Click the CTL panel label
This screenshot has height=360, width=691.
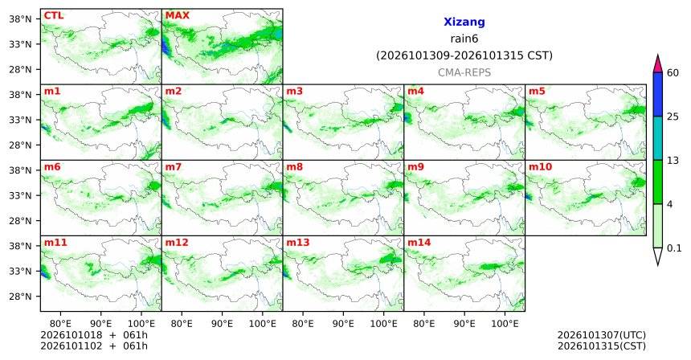[53, 15]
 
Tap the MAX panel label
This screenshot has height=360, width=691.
[177, 15]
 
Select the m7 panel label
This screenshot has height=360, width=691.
[173, 167]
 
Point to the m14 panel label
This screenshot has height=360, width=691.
[419, 243]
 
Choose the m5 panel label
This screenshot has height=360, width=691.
[537, 92]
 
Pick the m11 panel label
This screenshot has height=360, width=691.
[55, 243]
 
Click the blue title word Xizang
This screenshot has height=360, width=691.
[464, 22]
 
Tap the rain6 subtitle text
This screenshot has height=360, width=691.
[464, 39]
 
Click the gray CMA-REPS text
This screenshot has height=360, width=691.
[464, 72]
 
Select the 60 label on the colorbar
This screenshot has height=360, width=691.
[673, 72]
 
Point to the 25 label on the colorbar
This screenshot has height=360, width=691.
[673, 117]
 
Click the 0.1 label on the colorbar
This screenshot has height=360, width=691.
[674, 248]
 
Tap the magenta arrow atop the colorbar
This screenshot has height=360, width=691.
[657, 64]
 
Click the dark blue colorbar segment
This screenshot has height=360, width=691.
[657, 94]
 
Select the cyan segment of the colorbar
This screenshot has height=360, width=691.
[657, 138]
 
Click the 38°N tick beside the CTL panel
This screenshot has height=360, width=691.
[20, 19]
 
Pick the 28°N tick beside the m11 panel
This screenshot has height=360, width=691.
[20, 297]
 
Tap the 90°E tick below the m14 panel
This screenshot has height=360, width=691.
[464, 324]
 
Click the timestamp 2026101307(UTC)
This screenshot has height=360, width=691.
[602, 336]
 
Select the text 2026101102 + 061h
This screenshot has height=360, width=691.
[94, 346]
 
